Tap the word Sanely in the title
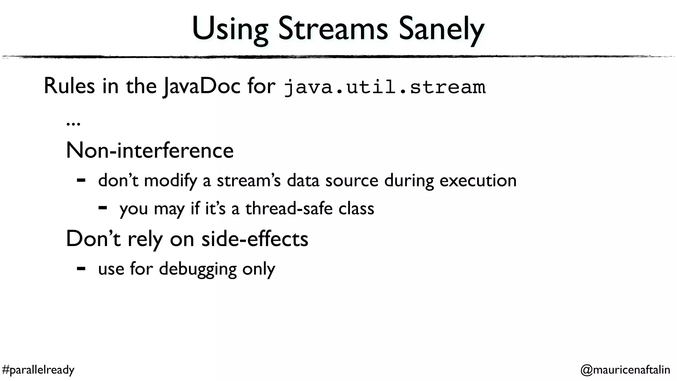[x=441, y=30]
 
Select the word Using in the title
[x=230, y=30]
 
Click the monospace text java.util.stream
[x=385, y=87]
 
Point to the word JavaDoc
[x=202, y=87]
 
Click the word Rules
[x=69, y=86]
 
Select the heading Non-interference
[x=150, y=150]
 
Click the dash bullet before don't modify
[x=81, y=181]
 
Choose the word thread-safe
[x=289, y=209]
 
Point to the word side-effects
[x=255, y=239]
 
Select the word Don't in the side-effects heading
[x=93, y=239]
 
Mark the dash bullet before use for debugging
[x=81, y=269]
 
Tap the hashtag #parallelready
[x=38, y=370]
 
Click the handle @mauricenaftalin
[x=625, y=370]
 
